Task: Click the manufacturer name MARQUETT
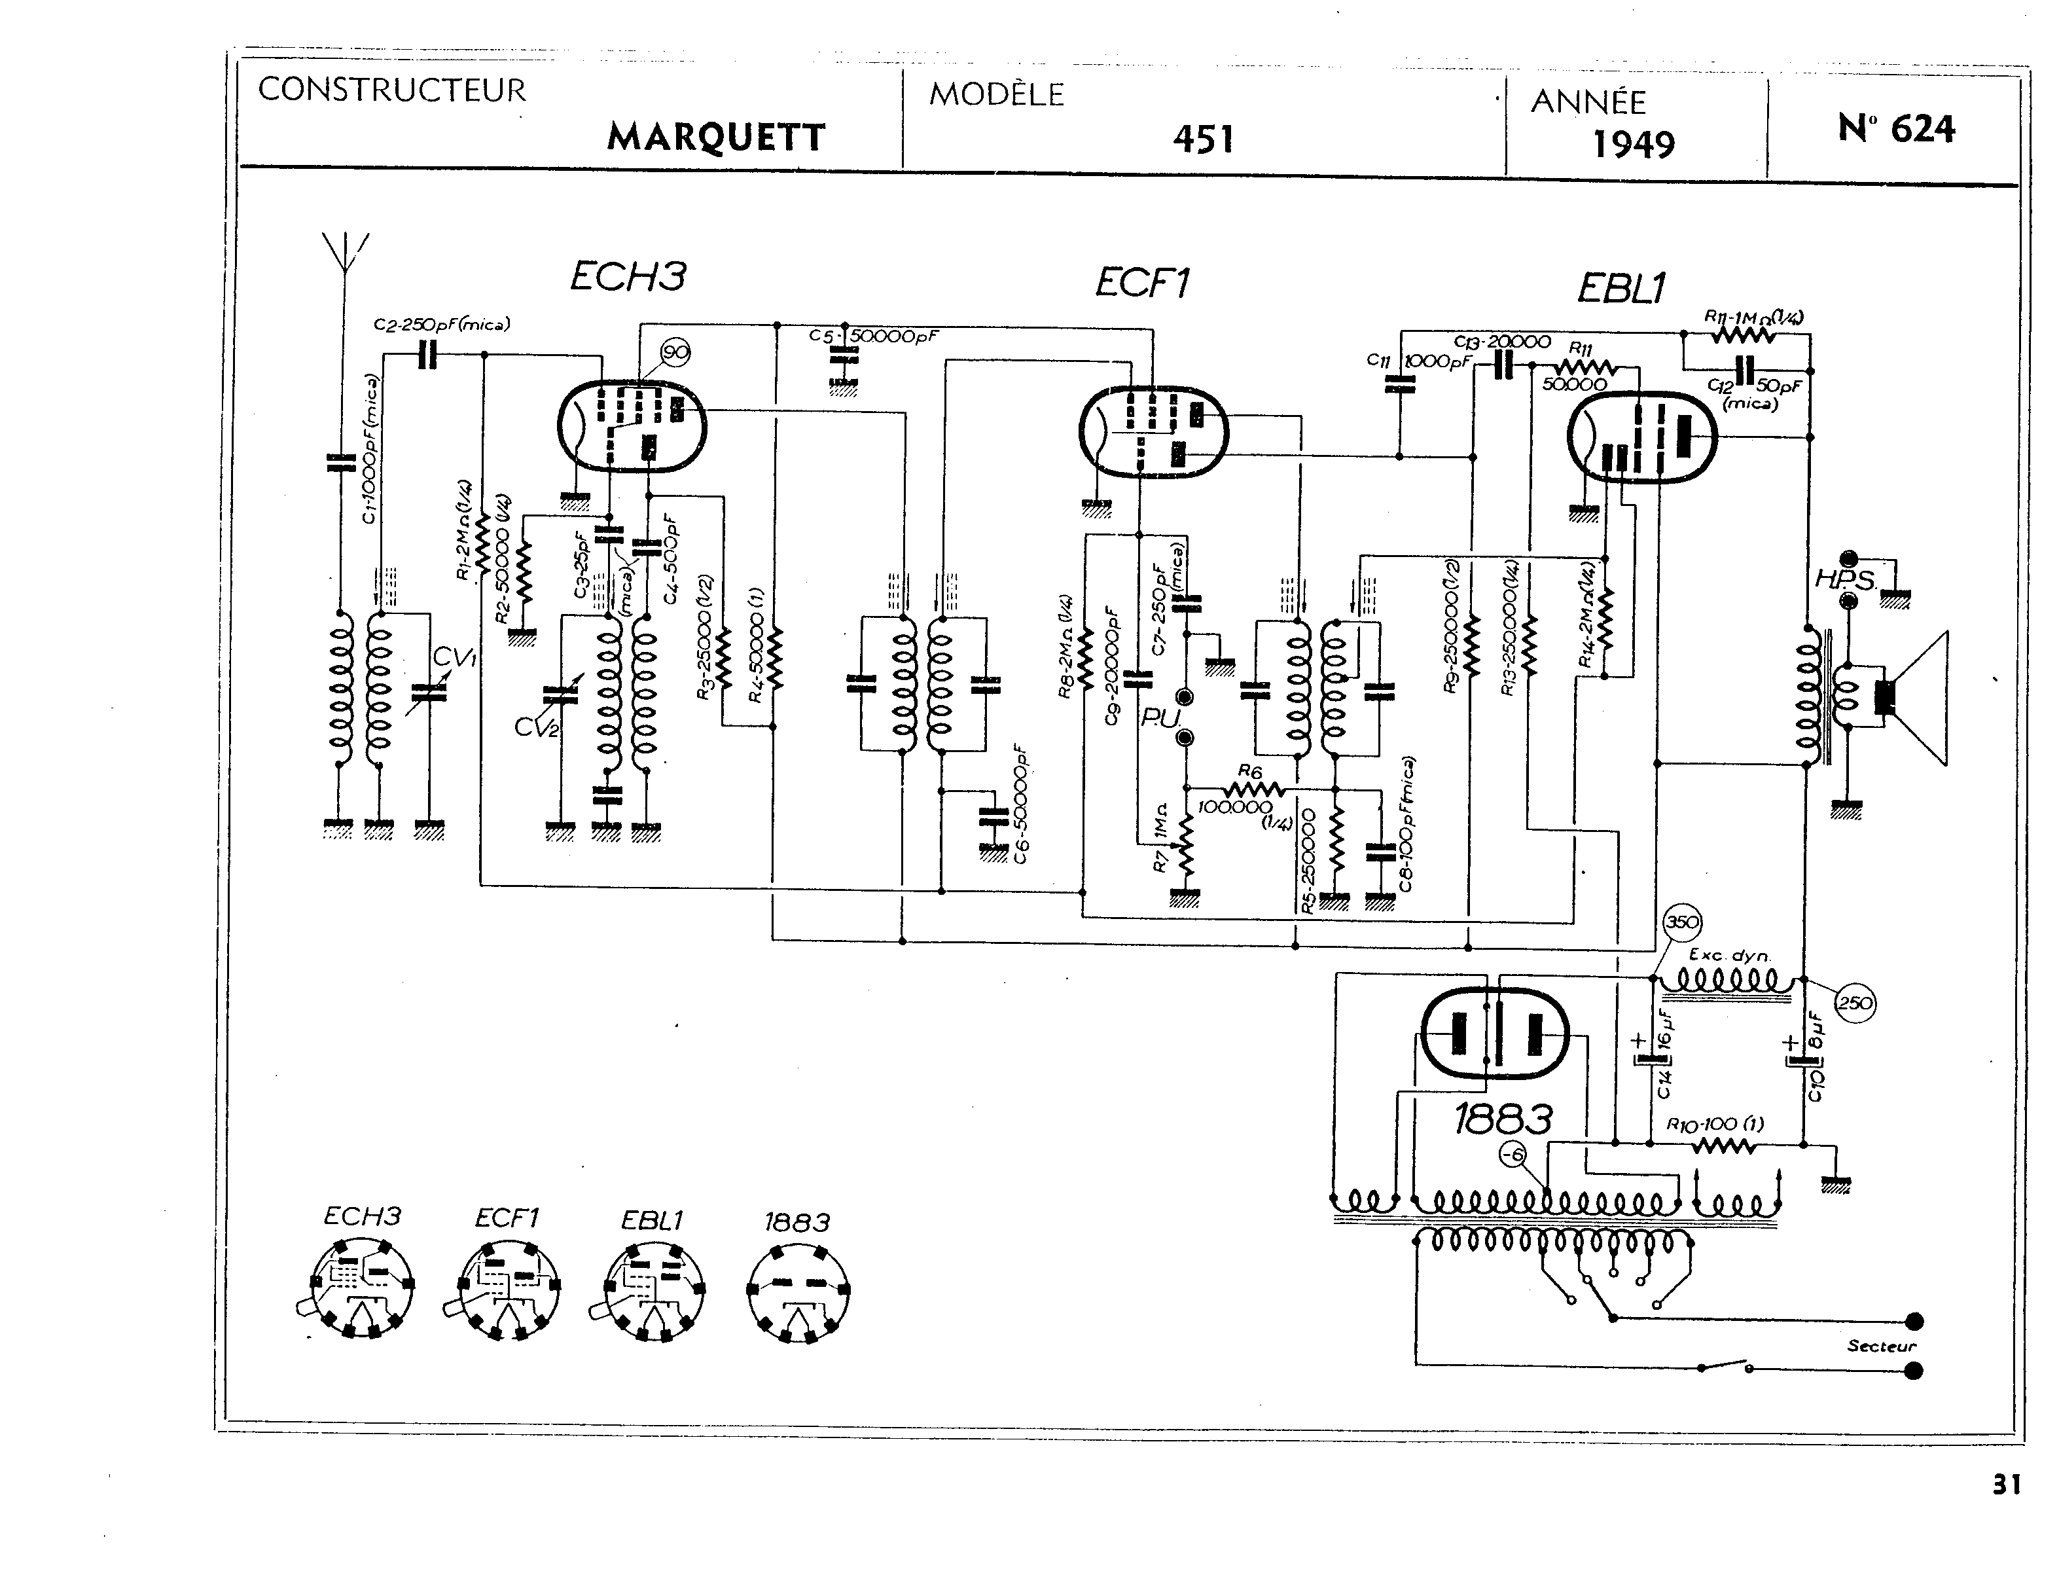click(715, 137)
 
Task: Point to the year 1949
click(1633, 144)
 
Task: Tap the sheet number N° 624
click(1895, 129)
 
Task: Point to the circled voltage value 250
click(1855, 1003)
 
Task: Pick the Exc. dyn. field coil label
click(1729, 956)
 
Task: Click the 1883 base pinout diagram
click(798, 1290)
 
